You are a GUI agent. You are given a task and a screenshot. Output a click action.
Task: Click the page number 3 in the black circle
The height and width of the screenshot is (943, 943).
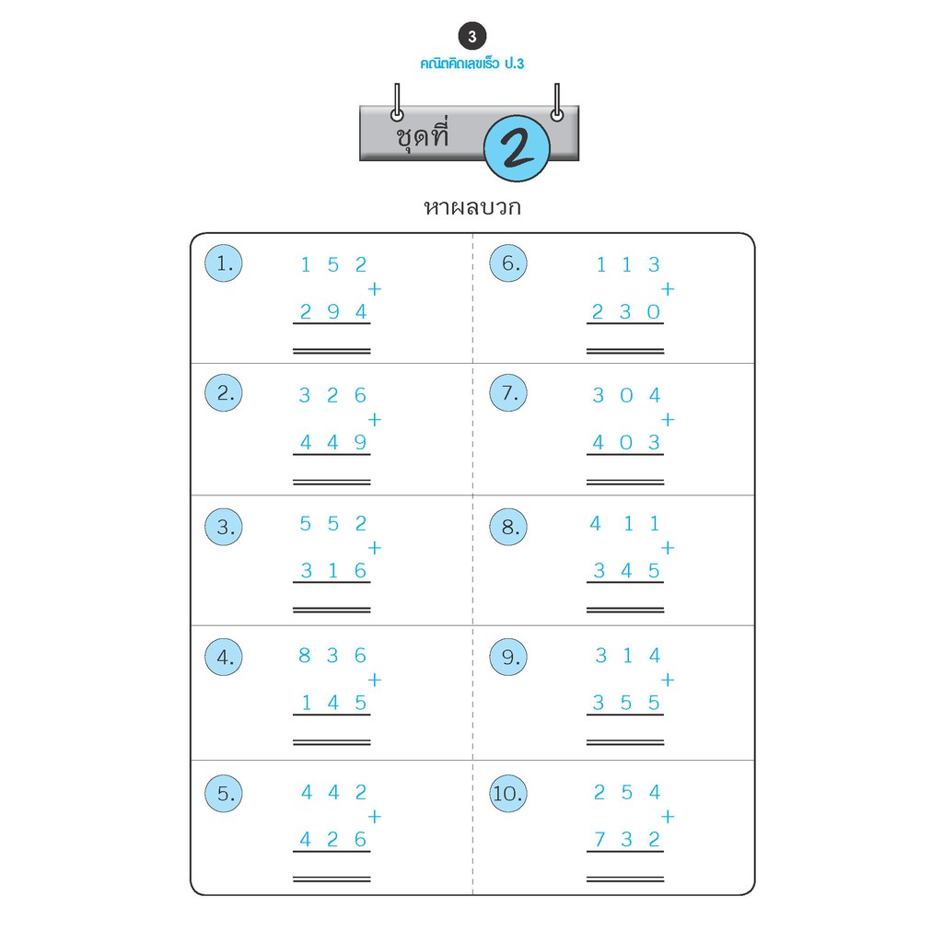(472, 37)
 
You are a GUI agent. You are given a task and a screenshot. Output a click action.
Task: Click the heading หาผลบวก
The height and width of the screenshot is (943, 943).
(471, 207)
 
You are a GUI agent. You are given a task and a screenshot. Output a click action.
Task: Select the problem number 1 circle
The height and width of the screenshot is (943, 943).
(224, 263)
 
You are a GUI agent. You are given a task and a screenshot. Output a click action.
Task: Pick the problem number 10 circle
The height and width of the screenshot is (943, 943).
(508, 794)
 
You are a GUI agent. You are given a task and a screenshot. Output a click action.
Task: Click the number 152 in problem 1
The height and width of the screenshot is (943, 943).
(333, 265)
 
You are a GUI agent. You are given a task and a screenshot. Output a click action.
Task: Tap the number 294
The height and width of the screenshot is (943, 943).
(333, 312)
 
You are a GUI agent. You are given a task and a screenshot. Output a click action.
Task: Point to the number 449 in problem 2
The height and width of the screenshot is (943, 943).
(333, 443)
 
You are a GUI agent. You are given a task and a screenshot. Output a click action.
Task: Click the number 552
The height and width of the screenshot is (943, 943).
(333, 524)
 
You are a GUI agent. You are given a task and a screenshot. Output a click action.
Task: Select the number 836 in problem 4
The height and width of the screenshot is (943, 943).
(333, 656)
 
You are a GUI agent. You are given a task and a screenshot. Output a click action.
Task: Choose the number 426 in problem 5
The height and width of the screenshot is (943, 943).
(333, 840)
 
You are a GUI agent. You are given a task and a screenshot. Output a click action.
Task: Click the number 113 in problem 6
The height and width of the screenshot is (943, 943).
(627, 265)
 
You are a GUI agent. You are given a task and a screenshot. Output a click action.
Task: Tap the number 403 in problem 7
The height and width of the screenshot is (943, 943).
(627, 443)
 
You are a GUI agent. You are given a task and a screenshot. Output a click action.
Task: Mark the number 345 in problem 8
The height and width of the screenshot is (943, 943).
(627, 571)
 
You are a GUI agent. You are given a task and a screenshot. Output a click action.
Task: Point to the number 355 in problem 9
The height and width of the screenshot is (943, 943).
(627, 704)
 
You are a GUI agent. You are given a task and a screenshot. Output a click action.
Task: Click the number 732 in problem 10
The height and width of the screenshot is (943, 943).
(627, 840)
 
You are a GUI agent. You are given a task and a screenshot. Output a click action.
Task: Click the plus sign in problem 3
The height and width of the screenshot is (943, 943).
(374, 548)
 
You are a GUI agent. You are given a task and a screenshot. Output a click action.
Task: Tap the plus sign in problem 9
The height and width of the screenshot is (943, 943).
(668, 681)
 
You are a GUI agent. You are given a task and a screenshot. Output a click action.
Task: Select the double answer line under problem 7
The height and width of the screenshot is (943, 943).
(625, 482)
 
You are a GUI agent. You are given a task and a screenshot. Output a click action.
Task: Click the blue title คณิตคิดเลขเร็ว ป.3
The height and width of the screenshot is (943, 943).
(471, 64)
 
